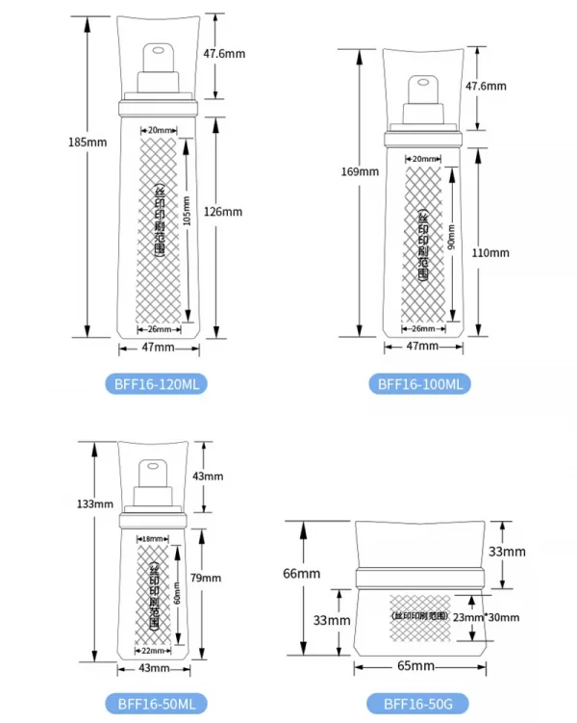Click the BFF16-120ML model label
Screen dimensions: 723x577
155,383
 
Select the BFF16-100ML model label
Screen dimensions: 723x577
420,383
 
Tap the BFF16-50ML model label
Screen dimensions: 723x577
155,704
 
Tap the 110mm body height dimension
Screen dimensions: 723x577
490,252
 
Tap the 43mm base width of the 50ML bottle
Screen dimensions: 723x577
154,668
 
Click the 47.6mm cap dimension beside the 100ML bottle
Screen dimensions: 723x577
486,86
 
